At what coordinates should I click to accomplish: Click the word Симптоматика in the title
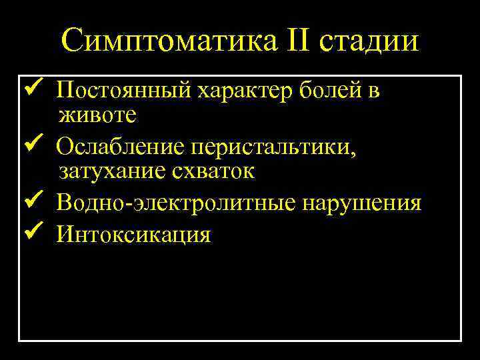coord(167,41)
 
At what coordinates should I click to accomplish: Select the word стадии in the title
coord(369,41)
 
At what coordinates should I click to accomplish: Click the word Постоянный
coord(125,91)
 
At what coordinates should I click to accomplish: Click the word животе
coord(97,115)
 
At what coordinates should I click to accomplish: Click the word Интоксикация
coord(133,234)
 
